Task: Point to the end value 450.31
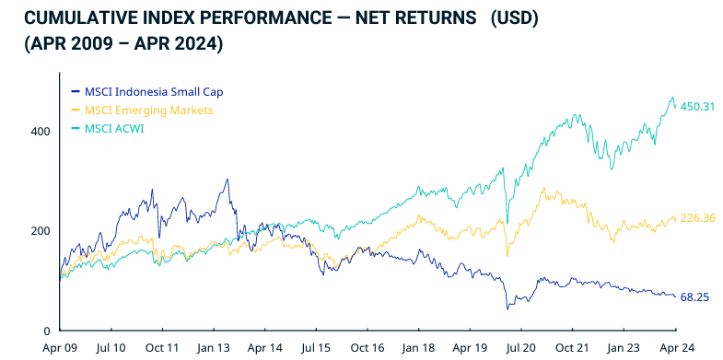tap(697, 107)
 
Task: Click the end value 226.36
tap(697, 218)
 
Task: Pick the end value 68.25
tap(694, 296)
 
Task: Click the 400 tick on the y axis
tap(39, 131)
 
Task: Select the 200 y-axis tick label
tap(39, 230)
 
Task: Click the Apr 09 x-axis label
tap(60, 349)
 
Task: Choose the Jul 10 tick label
tap(111, 349)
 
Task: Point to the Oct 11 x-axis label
tap(162, 349)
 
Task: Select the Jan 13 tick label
tap(214, 349)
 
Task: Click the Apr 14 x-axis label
tap(264, 349)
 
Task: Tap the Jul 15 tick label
tap(316, 349)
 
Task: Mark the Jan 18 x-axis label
tap(419, 349)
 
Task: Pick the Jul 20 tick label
tap(521, 349)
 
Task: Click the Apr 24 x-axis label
tap(676, 349)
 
